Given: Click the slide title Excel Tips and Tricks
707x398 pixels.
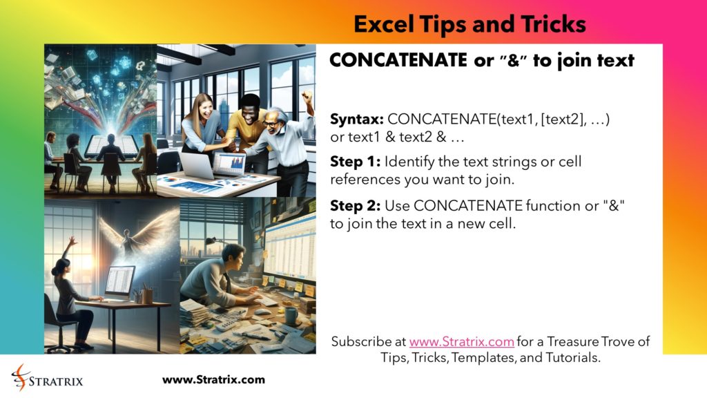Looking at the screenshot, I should [x=469, y=25].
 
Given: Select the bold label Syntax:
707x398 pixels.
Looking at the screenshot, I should [x=357, y=120].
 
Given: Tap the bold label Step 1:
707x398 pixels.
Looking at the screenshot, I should [x=355, y=162].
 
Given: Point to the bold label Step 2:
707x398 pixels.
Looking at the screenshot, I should [x=355, y=206].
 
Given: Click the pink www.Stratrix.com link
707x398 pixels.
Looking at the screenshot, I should [x=461, y=341].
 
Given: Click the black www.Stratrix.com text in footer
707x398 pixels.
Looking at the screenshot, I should [x=213, y=379].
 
